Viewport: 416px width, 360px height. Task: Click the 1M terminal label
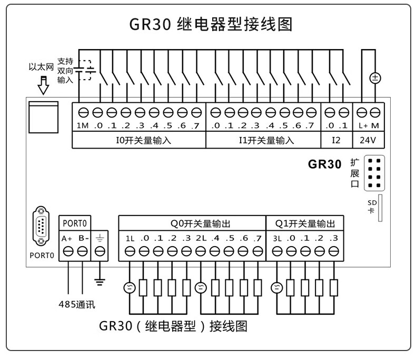click(83, 125)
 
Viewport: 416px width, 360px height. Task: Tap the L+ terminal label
click(363, 125)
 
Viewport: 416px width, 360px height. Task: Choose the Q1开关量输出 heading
click(305, 223)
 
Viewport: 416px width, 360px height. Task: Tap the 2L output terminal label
click(201, 238)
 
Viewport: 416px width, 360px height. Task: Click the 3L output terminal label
click(278, 238)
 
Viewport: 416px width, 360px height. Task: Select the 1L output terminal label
click(130, 238)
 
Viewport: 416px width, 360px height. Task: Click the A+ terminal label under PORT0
click(67, 238)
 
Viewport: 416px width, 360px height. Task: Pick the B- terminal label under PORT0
click(83, 238)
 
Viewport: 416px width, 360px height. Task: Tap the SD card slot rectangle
click(380, 208)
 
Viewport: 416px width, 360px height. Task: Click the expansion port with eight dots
click(374, 173)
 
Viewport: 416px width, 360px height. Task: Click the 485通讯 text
click(76, 304)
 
